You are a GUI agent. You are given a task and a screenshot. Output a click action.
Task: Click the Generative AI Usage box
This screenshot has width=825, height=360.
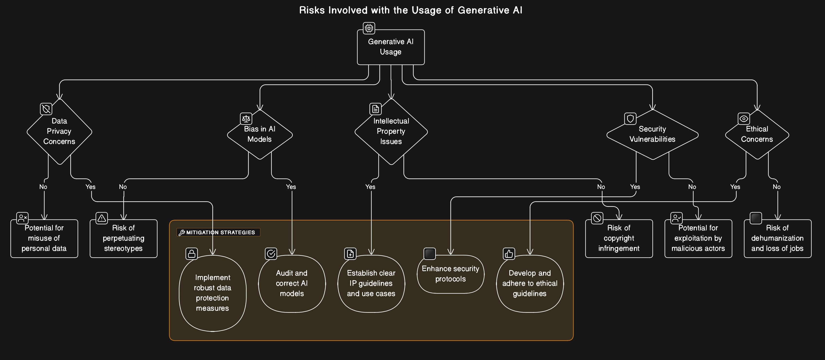391,47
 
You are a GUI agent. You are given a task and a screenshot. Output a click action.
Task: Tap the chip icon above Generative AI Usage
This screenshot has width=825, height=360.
369,28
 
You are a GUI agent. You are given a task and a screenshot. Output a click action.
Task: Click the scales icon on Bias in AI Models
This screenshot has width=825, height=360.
246,119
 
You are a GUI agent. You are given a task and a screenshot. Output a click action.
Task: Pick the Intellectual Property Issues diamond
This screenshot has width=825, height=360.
391,131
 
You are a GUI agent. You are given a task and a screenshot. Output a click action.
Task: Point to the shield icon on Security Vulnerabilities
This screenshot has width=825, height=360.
630,119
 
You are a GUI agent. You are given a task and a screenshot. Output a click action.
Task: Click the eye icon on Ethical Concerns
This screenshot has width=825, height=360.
744,119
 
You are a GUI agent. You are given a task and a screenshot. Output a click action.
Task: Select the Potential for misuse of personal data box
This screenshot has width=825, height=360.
44,238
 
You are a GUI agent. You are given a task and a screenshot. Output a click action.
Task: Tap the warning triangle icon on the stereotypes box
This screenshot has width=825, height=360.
102,218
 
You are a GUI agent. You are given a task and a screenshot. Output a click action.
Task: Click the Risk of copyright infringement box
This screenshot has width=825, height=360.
619,238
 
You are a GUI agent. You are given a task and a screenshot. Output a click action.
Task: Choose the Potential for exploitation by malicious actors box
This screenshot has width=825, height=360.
698,238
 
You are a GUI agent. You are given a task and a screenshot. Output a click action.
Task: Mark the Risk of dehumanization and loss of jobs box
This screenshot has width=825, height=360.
777,238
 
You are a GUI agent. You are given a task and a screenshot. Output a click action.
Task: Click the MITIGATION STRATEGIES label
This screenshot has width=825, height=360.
220,232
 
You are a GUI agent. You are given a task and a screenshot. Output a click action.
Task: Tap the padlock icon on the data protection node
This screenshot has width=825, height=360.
192,254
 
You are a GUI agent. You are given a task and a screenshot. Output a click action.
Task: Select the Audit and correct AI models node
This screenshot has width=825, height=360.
292,284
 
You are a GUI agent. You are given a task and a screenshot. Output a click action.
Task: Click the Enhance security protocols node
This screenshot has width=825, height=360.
450,274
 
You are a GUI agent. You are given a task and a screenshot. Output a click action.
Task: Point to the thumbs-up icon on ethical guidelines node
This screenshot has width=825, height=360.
509,254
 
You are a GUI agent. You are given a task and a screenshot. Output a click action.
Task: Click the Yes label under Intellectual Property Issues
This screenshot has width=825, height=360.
370,187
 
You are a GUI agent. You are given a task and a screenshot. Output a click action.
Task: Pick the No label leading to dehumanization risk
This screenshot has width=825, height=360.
777,187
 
